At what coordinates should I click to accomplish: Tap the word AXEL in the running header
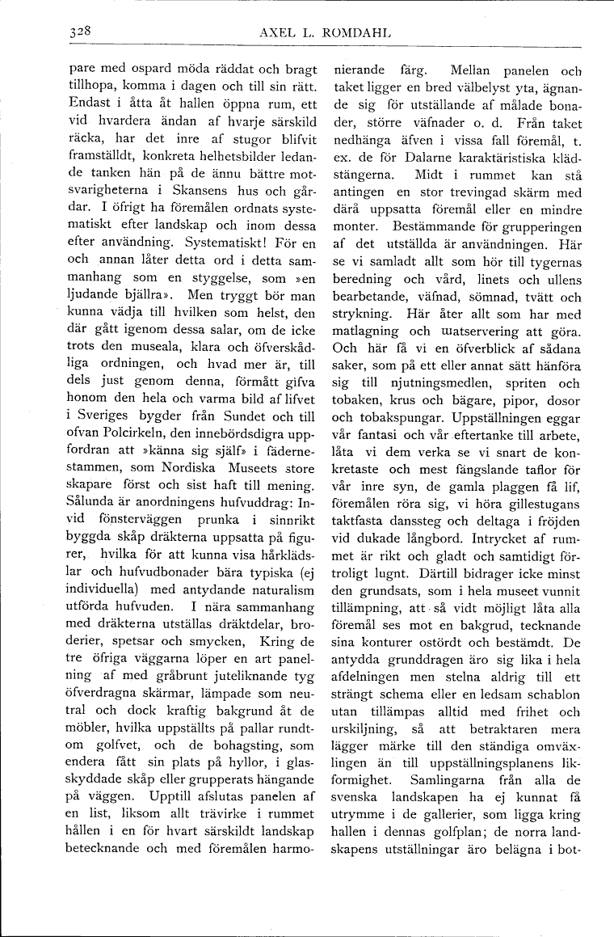[x=277, y=33]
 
